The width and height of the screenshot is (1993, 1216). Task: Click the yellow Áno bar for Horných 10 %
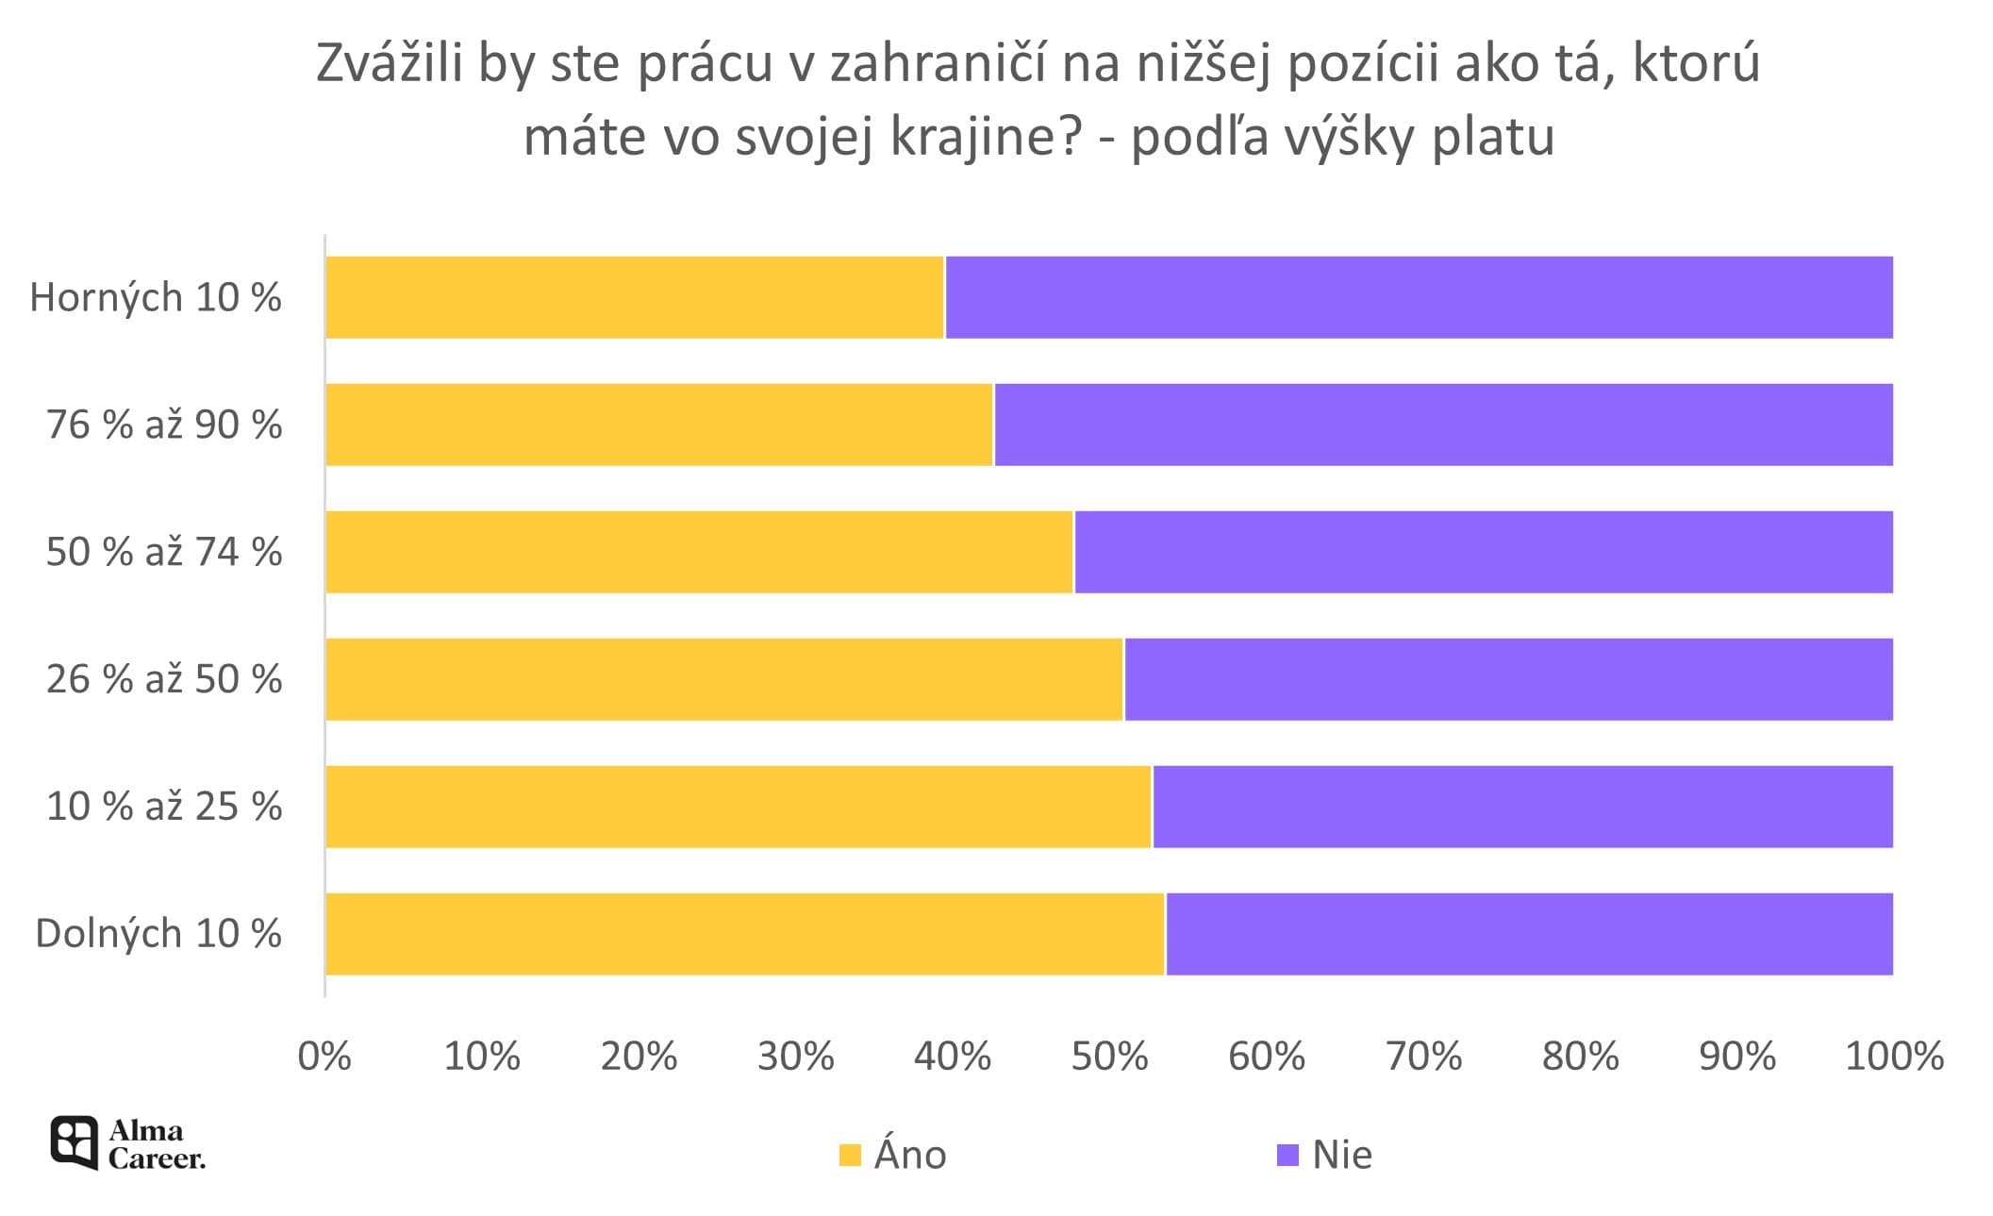click(634, 297)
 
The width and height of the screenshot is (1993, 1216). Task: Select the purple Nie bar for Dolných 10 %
click(1528, 934)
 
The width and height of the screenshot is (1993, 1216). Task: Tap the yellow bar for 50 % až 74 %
click(699, 552)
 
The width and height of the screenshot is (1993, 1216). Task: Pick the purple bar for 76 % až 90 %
click(1443, 425)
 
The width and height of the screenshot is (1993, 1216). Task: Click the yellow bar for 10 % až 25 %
click(738, 807)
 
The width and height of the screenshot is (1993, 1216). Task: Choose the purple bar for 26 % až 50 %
click(1507, 679)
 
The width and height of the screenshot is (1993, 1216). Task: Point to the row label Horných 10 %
click(156, 298)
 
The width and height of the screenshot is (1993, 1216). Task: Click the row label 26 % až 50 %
click(164, 679)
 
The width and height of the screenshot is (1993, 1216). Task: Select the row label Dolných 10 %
click(158, 934)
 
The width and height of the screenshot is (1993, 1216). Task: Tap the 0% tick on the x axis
click(324, 1057)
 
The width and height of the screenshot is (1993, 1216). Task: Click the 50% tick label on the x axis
click(1109, 1057)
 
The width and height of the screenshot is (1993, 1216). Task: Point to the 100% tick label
click(1894, 1057)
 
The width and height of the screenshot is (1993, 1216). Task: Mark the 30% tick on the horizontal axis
click(796, 1057)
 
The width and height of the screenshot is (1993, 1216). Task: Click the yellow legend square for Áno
click(850, 1155)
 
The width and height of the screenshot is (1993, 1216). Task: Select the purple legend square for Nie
click(1287, 1155)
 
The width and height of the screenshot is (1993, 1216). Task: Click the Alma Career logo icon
click(74, 1142)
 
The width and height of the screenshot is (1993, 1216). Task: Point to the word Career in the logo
click(157, 1158)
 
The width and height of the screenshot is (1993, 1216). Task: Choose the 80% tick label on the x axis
click(1580, 1057)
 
